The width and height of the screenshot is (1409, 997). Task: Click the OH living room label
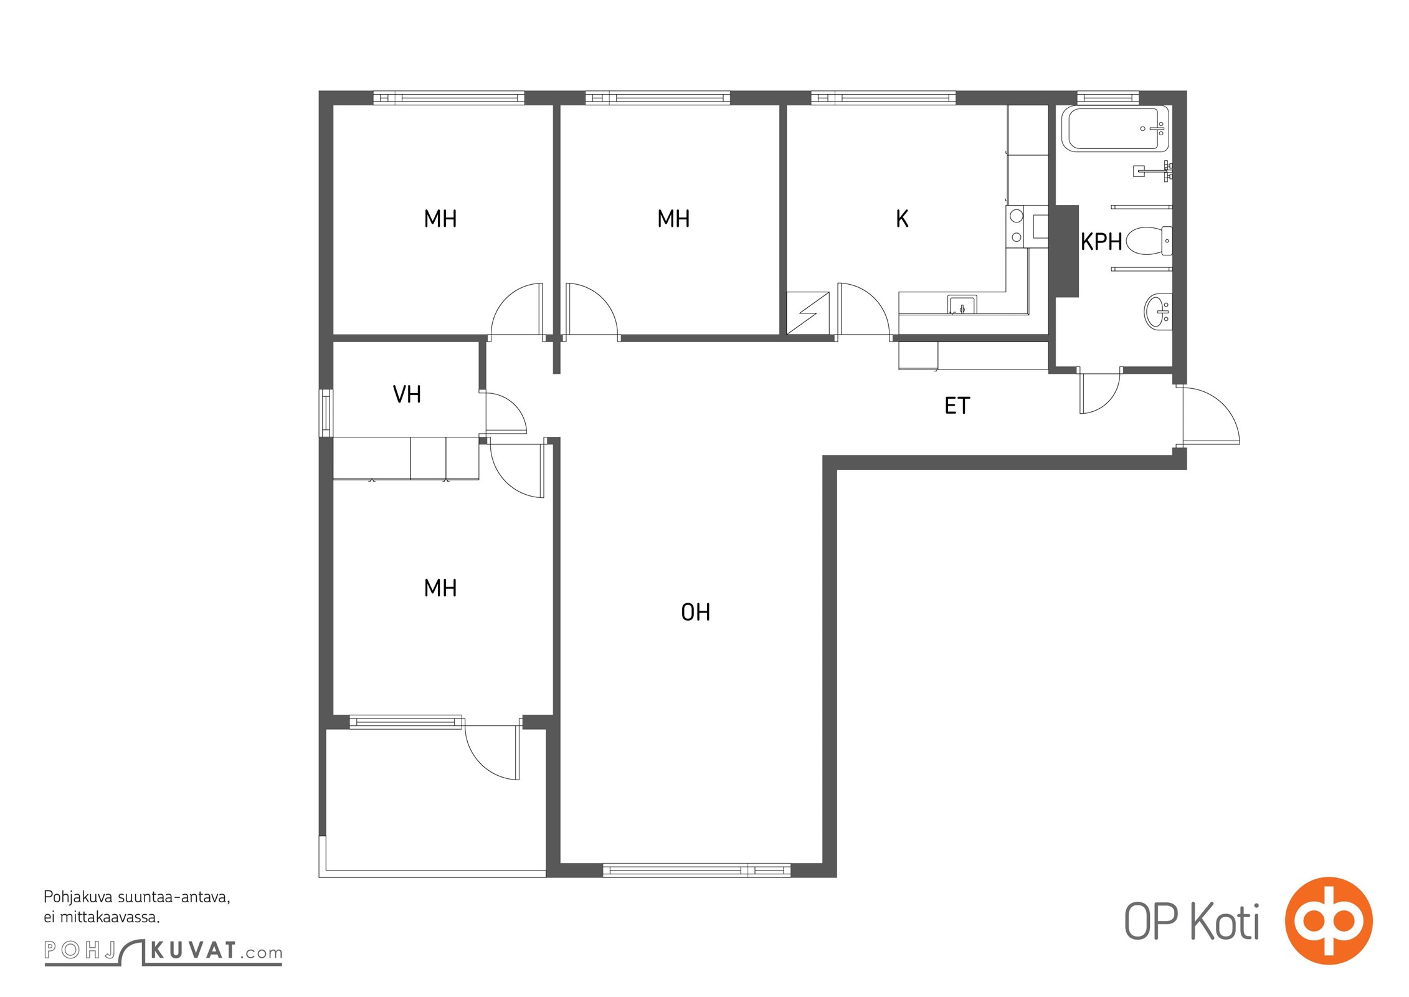coord(695,613)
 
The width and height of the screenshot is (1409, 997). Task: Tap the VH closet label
coord(407,394)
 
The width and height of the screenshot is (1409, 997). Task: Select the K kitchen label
coord(902,219)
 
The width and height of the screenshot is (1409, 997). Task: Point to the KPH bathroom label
coord(1101,242)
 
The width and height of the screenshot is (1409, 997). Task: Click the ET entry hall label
coord(957,406)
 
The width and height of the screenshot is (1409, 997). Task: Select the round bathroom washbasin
coord(1158,311)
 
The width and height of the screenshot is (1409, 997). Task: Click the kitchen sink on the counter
coord(962,305)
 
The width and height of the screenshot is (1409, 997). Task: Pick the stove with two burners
coord(1017,227)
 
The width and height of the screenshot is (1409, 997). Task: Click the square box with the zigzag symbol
coord(808,313)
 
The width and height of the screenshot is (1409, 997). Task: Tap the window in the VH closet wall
coord(326,413)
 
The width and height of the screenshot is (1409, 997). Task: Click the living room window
coord(696,871)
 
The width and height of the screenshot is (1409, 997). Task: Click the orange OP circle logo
coord(1329,921)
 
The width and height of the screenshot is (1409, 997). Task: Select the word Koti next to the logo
coord(1225,922)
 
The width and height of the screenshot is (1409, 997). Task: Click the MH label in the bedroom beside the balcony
coord(440,588)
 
